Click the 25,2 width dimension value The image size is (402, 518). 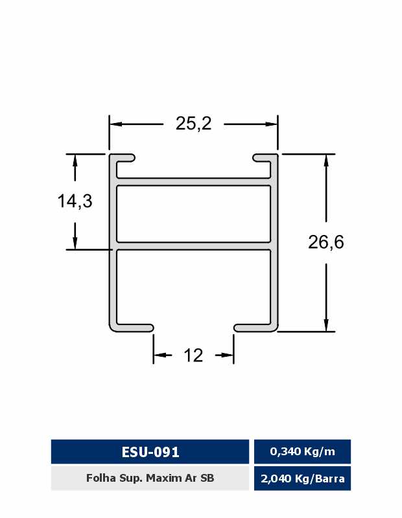193,124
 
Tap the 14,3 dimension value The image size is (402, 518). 75,201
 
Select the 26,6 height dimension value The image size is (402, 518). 326,242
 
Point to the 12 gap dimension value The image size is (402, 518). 193,355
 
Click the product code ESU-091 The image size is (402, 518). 150,452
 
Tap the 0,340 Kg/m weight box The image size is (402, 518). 302,451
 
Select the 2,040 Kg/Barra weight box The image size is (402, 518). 302,479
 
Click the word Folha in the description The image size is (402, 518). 97,478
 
